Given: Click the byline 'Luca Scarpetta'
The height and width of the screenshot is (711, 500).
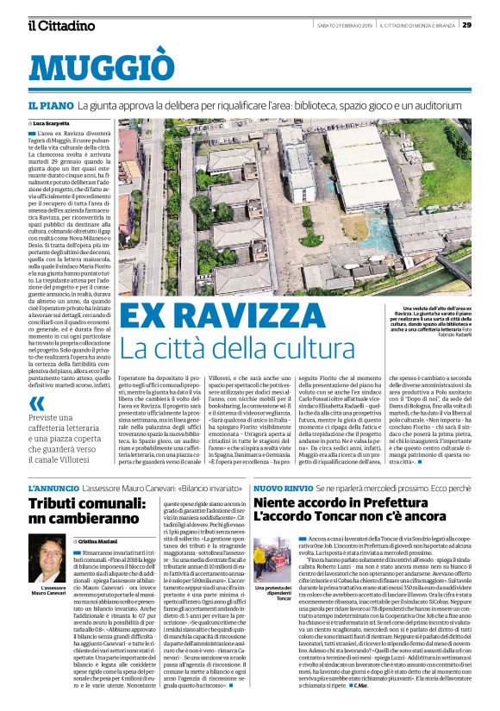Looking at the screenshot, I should pos(53,124).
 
